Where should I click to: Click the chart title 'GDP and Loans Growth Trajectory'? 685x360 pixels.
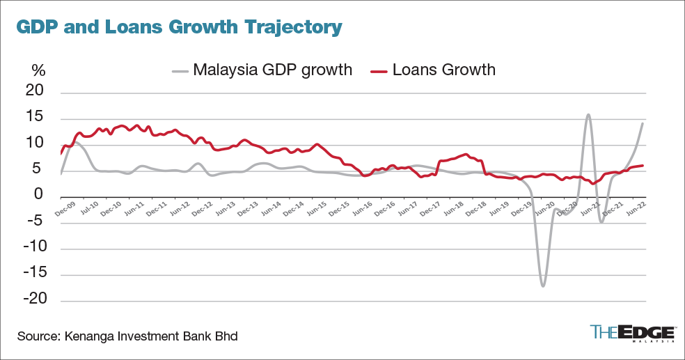(x=179, y=27)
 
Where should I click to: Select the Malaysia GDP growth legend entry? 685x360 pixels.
(x=263, y=70)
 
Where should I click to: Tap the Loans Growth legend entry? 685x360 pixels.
(x=432, y=70)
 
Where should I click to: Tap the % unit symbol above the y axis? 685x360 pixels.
(x=38, y=70)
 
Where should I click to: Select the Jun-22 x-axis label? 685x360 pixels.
(x=635, y=207)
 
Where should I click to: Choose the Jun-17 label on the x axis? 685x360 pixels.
(x=409, y=207)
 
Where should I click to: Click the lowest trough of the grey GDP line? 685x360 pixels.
(x=543, y=286)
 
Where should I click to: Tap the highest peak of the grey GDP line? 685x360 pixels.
(x=589, y=115)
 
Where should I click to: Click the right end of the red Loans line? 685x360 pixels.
(x=642, y=166)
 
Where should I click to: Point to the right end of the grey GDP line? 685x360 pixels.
(x=642, y=123)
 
